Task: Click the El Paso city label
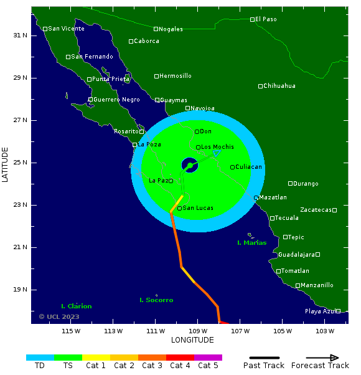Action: pyautogui.click(x=266, y=19)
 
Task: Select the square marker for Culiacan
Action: pyautogui.click(x=232, y=167)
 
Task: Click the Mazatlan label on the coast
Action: pyautogui.click(x=273, y=197)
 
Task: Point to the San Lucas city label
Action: pyautogui.click(x=197, y=208)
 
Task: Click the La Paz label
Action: pyautogui.click(x=158, y=181)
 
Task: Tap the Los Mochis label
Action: pyautogui.click(x=217, y=147)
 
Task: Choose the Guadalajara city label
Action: pyautogui.click(x=296, y=255)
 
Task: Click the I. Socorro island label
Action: pyautogui.click(x=156, y=300)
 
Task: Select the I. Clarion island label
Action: pyautogui.click(x=77, y=306)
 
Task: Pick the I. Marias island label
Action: pyautogui.click(x=252, y=243)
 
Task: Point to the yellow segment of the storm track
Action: pyautogui.click(x=176, y=204)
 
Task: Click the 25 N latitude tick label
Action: pyautogui.click(x=21, y=163)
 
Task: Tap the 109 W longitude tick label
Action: pyautogui.click(x=198, y=331)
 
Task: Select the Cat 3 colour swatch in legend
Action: pyautogui.click(x=152, y=358)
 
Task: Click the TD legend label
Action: pyautogui.click(x=40, y=366)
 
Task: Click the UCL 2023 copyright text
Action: pyautogui.click(x=59, y=316)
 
